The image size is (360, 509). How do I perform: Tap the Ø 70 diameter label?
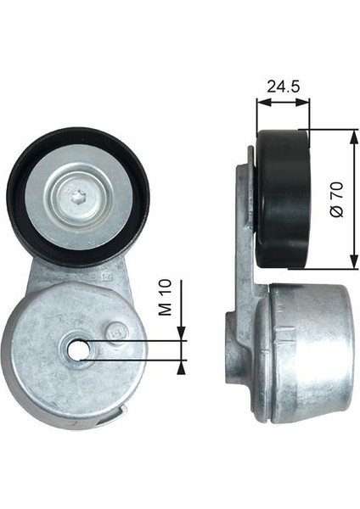click(336, 199)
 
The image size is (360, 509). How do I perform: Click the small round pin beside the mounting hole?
click(115, 332)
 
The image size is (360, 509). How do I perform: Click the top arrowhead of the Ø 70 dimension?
click(351, 137)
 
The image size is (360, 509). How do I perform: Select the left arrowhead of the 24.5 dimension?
click(261, 102)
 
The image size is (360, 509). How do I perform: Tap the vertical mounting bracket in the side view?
click(245, 255)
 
